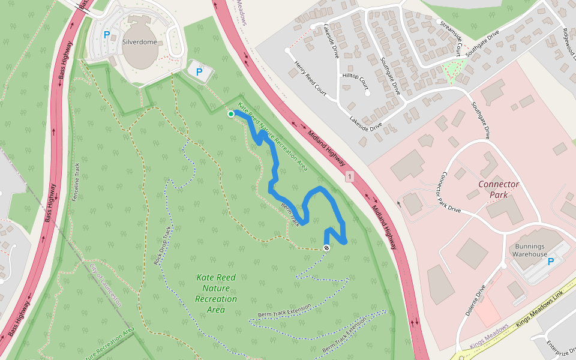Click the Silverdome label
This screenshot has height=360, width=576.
(x=139, y=43)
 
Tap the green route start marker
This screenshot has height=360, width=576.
(x=230, y=113)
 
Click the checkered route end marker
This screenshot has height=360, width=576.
(x=326, y=247)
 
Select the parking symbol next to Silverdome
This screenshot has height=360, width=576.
(x=107, y=35)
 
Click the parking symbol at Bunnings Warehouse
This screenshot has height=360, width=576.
(x=551, y=262)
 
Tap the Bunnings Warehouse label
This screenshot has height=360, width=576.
(x=529, y=250)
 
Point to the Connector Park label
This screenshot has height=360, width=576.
(x=498, y=189)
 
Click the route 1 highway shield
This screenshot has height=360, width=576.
(x=349, y=177)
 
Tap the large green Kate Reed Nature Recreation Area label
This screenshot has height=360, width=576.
(x=215, y=293)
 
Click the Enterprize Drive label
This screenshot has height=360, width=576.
(x=562, y=347)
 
